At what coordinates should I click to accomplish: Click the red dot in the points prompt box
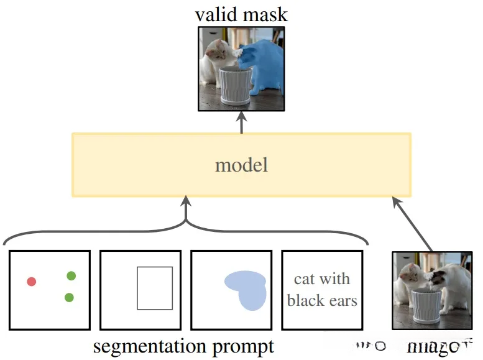point(32,282)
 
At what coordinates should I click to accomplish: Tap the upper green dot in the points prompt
point(71,275)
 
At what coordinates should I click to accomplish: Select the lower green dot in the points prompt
point(69,297)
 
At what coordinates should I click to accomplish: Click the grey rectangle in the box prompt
point(155,288)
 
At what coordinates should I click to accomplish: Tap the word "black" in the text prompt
point(303,301)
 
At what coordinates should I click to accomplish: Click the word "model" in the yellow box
point(241,165)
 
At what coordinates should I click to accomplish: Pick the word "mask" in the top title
point(267,13)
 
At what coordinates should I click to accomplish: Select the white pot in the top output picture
point(236,86)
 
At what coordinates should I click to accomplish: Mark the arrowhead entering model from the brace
point(185,202)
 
